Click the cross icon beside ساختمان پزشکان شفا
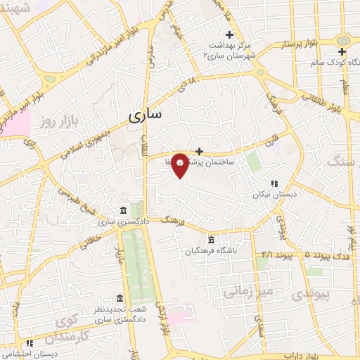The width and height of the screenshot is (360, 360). [200, 150]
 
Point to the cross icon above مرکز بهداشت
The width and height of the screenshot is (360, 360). [229, 34]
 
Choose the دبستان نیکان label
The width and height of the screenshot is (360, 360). [275, 195]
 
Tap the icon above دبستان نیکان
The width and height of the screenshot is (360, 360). [274, 184]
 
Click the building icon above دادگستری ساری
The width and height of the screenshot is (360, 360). [123, 211]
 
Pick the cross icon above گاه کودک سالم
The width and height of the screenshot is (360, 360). [342, 52]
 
